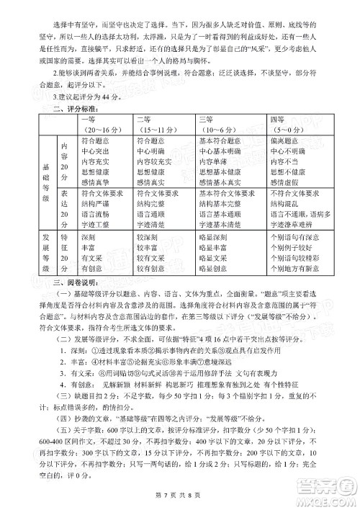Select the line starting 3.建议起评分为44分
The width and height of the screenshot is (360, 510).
tap(94, 96)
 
